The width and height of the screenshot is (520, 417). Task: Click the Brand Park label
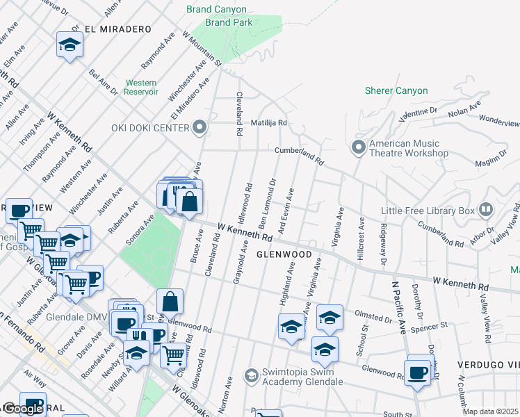[x=229, y=22]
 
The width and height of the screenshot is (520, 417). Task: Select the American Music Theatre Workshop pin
[x=359, y=147]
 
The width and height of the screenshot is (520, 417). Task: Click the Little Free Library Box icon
[x=486, y=209]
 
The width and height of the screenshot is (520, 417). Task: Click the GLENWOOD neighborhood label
[x=284, y=254]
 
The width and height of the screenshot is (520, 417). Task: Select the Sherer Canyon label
[x=396, y=91]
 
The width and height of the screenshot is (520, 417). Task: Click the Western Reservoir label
[x=141, y=87]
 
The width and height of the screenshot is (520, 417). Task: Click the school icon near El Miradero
[x=69, y=45]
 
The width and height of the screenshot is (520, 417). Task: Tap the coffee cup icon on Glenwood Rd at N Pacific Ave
[x=419, y=372]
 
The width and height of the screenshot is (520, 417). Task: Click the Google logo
[x=22, y=409]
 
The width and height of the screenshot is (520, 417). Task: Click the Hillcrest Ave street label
[x=361, y=239]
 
